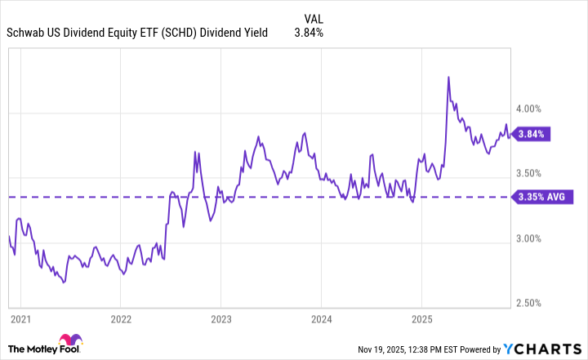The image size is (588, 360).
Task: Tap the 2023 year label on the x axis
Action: point(220,318)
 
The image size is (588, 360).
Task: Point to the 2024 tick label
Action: point(321,318)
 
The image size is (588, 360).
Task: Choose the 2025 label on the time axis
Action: point(421,318)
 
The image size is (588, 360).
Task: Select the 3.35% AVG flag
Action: point(544,197)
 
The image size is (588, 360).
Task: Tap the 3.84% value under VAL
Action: point(309,33)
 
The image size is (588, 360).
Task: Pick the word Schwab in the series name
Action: point(29,33)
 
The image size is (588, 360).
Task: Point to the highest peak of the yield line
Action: point(448,77)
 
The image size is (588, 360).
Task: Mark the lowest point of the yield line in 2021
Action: point(64,282)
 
